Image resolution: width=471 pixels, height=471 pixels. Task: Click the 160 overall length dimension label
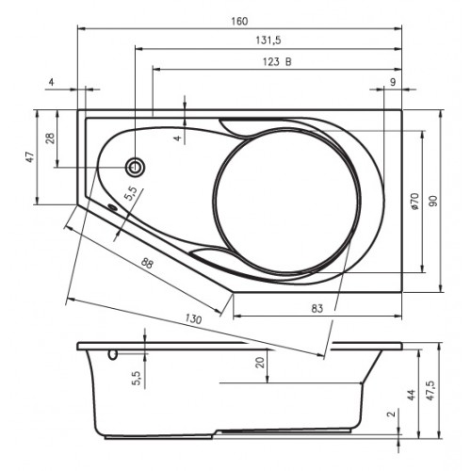click(x=239, y=22)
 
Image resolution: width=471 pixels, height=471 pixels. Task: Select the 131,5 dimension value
click(x=268, y=41)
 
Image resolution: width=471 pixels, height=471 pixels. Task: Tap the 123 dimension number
click(x=271, y=62)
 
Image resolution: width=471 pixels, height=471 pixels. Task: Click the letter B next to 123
click(x=288, y=62)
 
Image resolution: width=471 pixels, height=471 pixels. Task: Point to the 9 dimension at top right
click(x=393, y=82)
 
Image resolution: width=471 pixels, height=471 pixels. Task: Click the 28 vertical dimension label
click(x=50, y=138)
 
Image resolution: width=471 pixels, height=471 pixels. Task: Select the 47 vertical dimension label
click(x=30, y=157)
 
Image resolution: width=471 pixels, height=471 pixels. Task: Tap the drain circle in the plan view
click(x=136, y=167)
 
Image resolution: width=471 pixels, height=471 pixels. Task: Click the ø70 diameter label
click(x=414, y=202)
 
